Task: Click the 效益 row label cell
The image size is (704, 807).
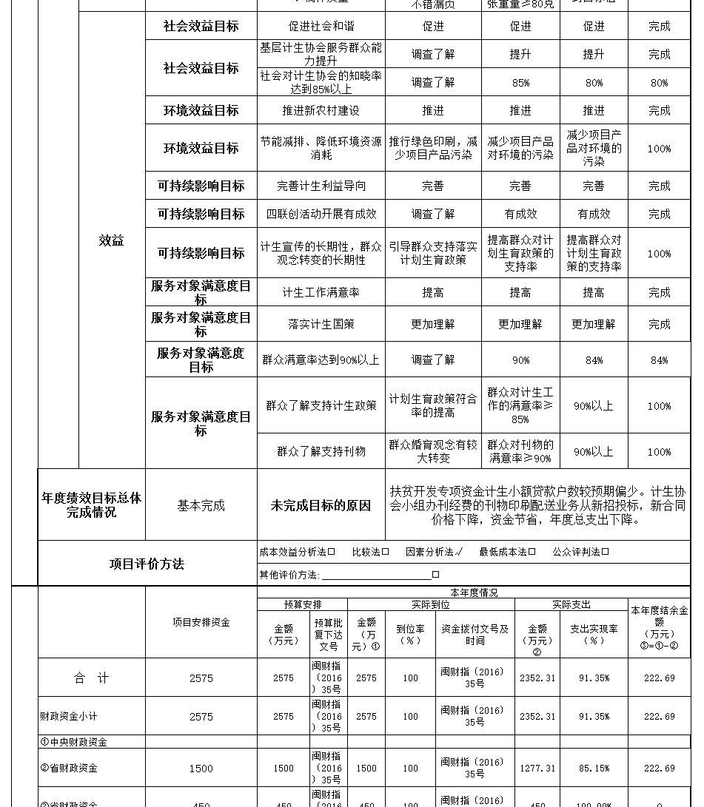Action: tap(111, 240)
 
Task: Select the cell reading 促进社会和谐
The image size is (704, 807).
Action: tap(321, 26)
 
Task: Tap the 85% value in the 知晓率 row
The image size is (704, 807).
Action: tap(520, 83)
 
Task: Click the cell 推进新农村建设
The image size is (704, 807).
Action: tap(321, 110)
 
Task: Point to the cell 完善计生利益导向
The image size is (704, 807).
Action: tap(321, 186)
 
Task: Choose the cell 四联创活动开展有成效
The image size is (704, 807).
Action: tap(321, 214)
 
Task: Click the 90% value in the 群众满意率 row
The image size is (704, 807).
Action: tap(520, 360)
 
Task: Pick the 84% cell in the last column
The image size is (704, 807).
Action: tap(659, 360)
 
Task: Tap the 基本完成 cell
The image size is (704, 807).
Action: tap(201, 506)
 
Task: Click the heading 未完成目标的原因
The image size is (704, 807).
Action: tap(321, 506)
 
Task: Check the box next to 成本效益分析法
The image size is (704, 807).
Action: tap(332, 552)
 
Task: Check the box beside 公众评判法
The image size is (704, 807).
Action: tap(606, 552)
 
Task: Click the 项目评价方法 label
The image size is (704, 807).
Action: tap(147, 564)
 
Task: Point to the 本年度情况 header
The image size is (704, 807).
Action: tap(474, 593)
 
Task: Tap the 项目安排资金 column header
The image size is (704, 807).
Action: tap(201, 623)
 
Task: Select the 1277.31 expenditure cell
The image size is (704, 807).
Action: tap(537, 769)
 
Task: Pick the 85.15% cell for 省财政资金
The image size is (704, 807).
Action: tap(594, 769)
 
